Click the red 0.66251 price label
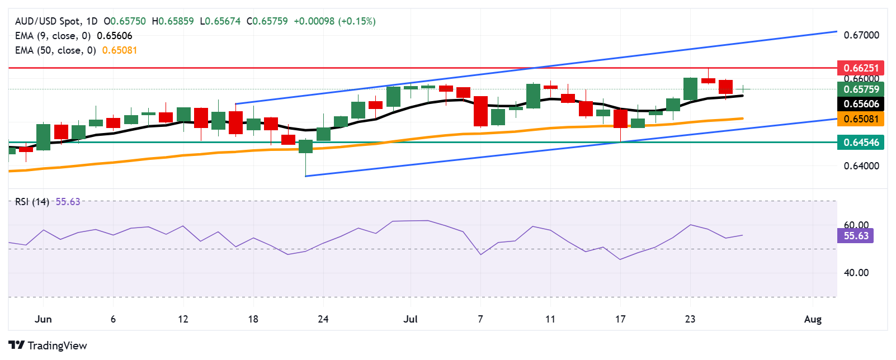click(x=861, y=68)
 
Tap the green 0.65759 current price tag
click(x=861, y=89)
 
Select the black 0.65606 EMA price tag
click(x=861, y=103)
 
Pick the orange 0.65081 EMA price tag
click(x=861, y=119)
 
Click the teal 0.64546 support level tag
click(x=861, y=142)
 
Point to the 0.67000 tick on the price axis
click(x=861, y=35)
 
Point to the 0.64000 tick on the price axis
click(x=861, y=166)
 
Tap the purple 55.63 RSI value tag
click(x=856, y=236)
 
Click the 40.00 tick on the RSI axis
click(x=856, y=273)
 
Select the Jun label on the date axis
click(x=43, y=319)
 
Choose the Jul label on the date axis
click(x=411, y=319)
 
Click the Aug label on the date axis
click(x=813, y=319)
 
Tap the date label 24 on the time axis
click(x=323, y=319)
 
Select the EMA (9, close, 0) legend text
click(x=53, y=36)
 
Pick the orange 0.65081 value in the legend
click(x=120, y=50)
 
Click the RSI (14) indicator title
click(x=32, y=202)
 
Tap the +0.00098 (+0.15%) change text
click(x=334, y=21)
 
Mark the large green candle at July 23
click(x=690, y=89)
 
